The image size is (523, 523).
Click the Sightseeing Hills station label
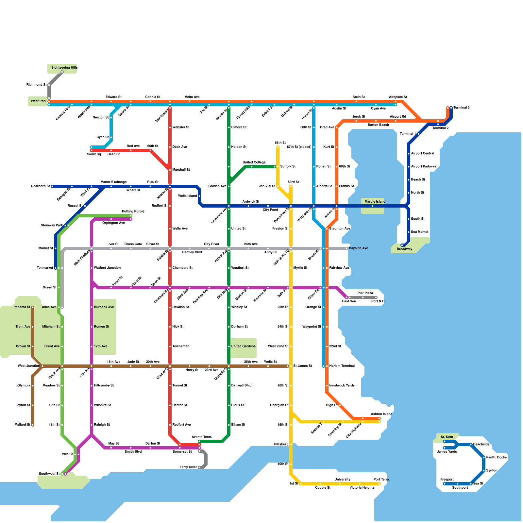[x=64, y=68]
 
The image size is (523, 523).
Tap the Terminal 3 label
[x=461, y=108]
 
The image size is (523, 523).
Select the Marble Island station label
[x=375, y=202]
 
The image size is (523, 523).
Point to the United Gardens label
[x=243, y=346]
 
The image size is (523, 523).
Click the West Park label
[x=39, y=101]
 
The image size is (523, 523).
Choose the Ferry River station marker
[x=199, y=467]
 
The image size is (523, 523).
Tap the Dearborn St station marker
[x=52, y=186]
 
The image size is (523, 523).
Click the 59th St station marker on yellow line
[x=278, y=147]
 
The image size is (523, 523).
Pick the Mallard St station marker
[x=33, y=425]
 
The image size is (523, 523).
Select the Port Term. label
[x=381, y=480]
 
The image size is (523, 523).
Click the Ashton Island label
[x=381, y=414]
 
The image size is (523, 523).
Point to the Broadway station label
[x=404, y=249]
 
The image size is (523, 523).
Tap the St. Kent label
[x=447, y=437]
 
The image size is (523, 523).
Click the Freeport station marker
[x=445, y=484]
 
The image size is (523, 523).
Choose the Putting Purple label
[x=133, y=211]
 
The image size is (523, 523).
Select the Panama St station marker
[x=33, y=307]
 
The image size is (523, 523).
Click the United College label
[x=254, y=162]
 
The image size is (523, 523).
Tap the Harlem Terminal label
[x=342, y=366]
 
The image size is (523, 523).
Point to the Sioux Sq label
[x=94, y=154]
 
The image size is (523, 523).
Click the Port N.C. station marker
[x=376, y=297]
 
